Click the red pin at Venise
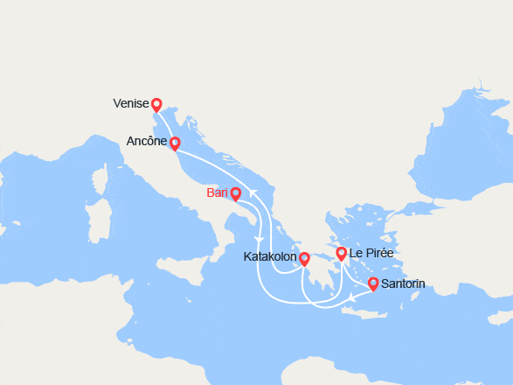156,104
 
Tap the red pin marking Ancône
175,143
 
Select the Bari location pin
236,193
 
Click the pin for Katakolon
304,258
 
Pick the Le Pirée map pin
341,254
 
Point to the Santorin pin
373,283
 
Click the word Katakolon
269,258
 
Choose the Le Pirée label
371,254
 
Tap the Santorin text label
404,283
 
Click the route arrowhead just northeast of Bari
252,192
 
